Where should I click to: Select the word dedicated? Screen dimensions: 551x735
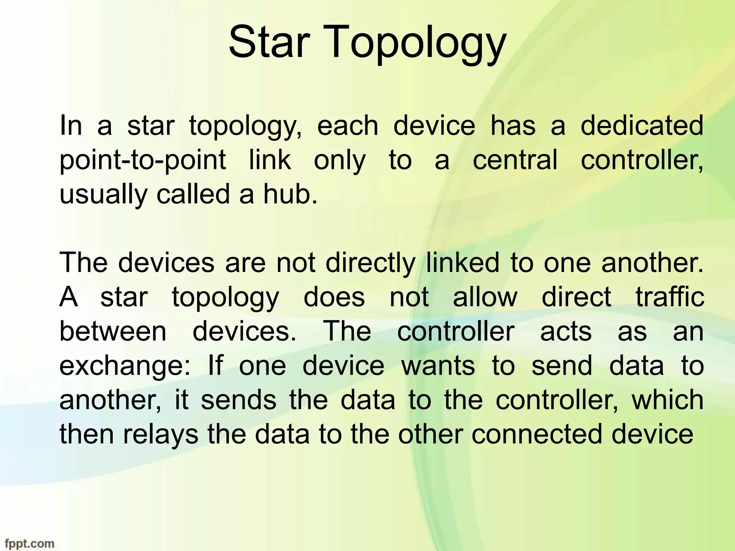(642, 126)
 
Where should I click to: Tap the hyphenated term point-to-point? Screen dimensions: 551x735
(142, 160)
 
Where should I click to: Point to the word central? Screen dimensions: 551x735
(515, 160)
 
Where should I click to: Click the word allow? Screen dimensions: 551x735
(485, 297)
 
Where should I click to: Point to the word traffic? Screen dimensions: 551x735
(670, 297)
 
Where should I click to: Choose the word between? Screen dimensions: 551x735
(113, 331)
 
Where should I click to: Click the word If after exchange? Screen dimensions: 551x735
(215, 366)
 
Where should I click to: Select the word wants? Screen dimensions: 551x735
(438, 366)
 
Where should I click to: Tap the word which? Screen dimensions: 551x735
(667, 400)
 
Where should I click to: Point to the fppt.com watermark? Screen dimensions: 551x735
(27, 543)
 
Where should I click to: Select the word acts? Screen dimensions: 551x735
(566, 331)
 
